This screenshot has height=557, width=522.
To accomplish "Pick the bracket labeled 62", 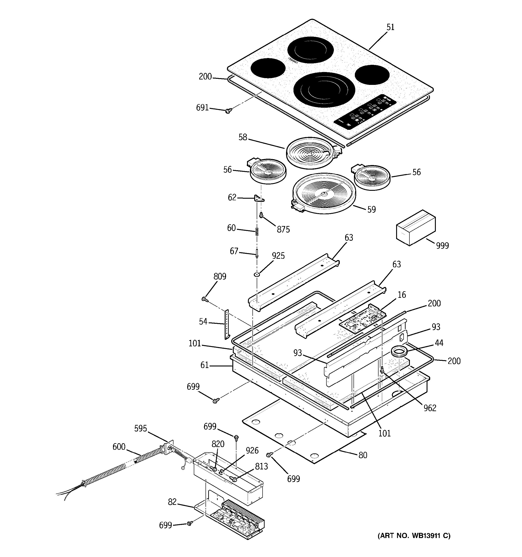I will click(x=259, y=199).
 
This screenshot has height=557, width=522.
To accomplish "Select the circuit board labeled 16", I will click(x=363, y=319).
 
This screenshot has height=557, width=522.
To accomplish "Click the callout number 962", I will click(x=430, y=408).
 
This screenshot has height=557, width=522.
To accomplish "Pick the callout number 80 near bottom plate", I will click(x=363, y=455).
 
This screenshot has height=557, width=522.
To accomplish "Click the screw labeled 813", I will click(x=233, y=479).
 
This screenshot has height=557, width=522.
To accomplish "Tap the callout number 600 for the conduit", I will click(x=119, y=447).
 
